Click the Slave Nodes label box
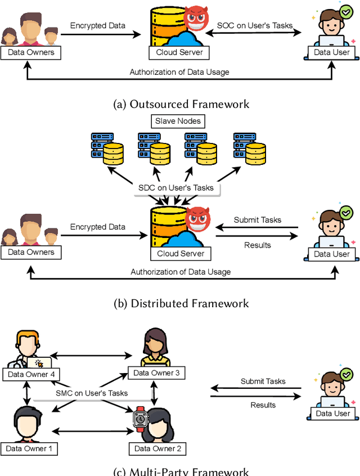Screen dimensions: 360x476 [x=178, y=121]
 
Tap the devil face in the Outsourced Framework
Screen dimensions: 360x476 [x=196, y=18]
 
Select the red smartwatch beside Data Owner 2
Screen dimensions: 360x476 [x=141, y=419]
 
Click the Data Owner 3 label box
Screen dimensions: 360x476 [x=156, y=373]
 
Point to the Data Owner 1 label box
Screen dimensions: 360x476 [x=29, y=448]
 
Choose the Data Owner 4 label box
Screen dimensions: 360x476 [x=31, y=374]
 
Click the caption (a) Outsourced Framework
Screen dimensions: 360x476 [x=181, y=104]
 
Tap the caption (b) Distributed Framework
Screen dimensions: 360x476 [x=181, y=303]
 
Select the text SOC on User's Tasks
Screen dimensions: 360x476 [x=255, y=25]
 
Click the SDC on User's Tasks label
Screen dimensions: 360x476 [x=176, y=187]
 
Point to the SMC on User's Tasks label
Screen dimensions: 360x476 [x=92, y=393]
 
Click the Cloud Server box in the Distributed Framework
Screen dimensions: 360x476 [x=181, y=254]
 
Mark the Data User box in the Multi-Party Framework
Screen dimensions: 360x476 [x=333, y=414]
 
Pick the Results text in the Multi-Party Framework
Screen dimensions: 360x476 [x=263, y=405]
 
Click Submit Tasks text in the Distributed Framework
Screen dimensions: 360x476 [x=258, y=220]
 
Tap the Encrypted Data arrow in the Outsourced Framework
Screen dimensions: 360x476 [x=101, y=34]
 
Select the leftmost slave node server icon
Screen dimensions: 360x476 [x=107, y=149]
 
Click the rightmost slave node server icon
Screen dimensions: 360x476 [x=250, y=149]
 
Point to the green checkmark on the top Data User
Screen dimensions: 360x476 [x=346, y=12]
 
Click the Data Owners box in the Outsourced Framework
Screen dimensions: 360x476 [x=31, y=52]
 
